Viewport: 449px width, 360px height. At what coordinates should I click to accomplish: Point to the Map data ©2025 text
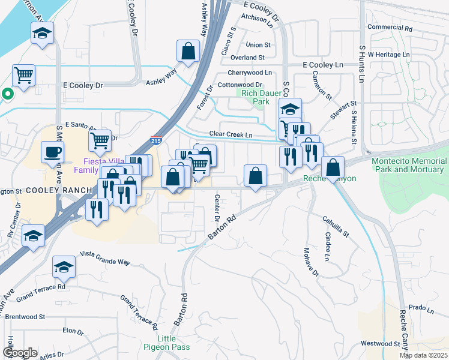click(x=423, y=355)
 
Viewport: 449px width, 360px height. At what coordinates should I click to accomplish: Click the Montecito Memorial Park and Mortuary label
click(x=409, y=165)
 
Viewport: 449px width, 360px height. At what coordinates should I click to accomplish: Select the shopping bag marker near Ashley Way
click(x=188, y=51)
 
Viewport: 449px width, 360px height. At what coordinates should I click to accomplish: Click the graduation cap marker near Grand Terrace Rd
click(x=64, y=267)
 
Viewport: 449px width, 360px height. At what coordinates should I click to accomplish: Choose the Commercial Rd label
click(x=390, y=28)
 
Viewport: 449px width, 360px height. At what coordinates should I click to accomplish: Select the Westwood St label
click(x=381, y=344)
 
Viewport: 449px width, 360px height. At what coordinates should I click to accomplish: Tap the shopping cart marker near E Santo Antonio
click(x=100, y=140)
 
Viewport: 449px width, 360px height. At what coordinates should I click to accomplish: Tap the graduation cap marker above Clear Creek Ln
click(x=290, y=109)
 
